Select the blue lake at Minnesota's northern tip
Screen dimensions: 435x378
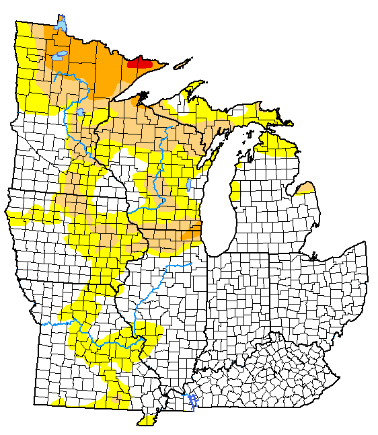pyautogui.click(x=61, y=25)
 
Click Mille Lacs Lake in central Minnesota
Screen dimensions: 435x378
pyautogui.click(x=80, y=112)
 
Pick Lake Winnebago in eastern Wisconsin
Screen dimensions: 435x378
pyautogui.click(x=189, y=184)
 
